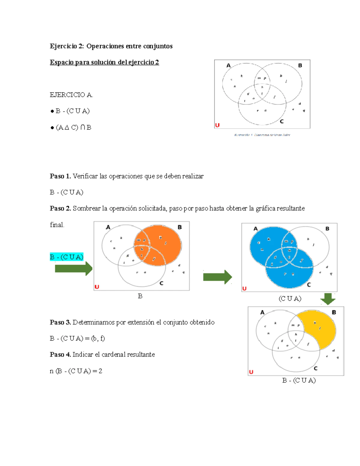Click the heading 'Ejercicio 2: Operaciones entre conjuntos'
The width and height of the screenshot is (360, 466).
(x=111, y=46)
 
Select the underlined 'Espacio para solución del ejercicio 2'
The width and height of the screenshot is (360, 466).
(x=104, y=62)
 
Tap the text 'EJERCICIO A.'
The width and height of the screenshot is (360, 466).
(x=71, y=95)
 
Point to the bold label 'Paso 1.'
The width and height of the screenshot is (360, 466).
(x=60, y=176)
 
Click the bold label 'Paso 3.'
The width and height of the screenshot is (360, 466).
(x=60, y=322)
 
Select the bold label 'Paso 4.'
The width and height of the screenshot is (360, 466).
(x=60, y=354)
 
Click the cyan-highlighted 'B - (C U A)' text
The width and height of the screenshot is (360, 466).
(x=67, y=257)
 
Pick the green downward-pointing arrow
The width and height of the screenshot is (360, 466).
(x=328, y=299)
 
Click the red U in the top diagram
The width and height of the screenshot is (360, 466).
(x=217, y=125)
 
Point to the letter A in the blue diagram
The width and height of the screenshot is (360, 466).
(x=256, y=229)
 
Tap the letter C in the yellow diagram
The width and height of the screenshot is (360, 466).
(x=315, y=368)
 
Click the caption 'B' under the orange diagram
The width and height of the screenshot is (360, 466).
(x=140, y=296)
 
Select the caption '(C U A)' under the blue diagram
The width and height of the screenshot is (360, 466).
(x=290, y=299)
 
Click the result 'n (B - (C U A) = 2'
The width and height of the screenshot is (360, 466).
(x=76, y=371)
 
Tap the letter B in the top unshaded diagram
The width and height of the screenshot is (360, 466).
(x=300, y=65)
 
